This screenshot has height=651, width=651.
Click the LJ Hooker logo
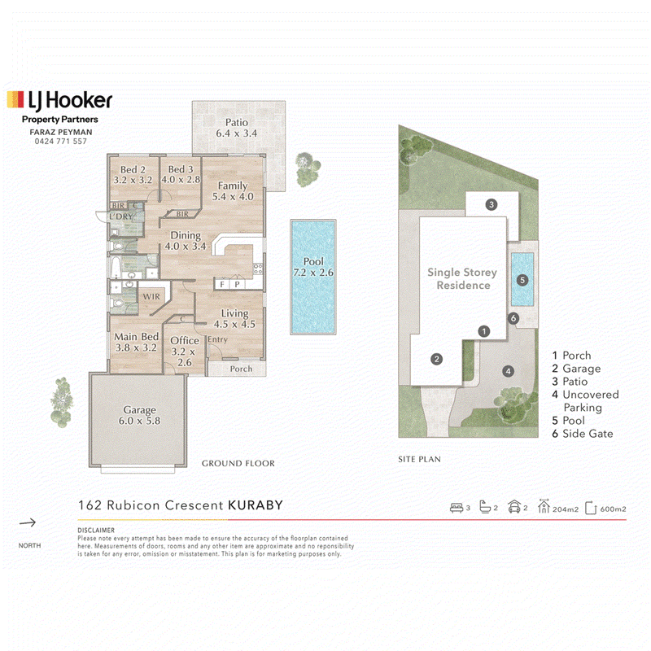tap(59, 100)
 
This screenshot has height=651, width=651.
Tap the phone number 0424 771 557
tap(60, 141)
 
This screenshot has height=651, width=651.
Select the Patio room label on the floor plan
tap(236, 128)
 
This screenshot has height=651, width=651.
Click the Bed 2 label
tap(133, 175)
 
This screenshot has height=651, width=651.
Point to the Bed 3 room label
tap(181, 174)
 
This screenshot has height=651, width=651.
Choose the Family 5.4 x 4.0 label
tap(233, 191)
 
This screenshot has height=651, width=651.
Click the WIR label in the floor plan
tap(151, 296)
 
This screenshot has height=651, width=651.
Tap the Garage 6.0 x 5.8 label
tap(139, 415)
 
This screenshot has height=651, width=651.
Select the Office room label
tap(185, 352)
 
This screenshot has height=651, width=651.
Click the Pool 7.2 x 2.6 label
tap(313, 267)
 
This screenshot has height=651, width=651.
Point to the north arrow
tap(28, 522)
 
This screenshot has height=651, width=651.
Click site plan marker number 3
tap(492, 204)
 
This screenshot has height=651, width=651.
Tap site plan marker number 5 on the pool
tap(522, 280)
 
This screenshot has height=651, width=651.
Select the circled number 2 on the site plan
tap(436, 359)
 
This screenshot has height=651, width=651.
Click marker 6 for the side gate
tap(513, 318)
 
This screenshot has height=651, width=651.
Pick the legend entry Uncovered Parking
tap(585, 400)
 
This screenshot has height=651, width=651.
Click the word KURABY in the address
tap(256, 505)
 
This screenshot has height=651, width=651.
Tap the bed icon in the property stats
tap(457, 508)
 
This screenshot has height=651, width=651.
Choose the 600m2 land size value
tap(613, 509)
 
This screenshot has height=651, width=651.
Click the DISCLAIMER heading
tap(96, 531)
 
